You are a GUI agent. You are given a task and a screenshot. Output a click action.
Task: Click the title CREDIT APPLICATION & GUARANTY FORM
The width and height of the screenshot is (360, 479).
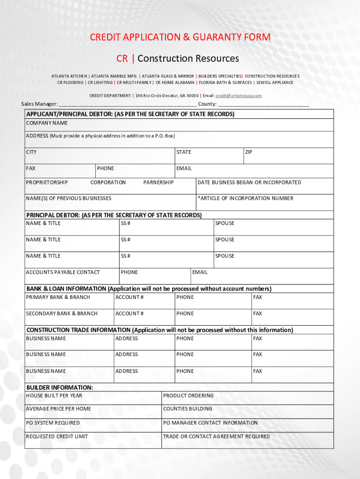click(x=180, y=37)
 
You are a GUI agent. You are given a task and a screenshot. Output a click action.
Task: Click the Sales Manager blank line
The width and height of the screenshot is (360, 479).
click(x=128, y=104)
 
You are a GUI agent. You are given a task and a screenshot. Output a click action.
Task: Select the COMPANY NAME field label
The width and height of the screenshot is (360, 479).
click(x=47, y=123)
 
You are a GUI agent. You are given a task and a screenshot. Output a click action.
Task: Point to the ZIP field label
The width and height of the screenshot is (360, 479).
click(x=249, y=152)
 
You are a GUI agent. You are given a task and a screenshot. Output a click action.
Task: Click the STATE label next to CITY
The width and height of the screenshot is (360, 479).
click(x=184, y=152)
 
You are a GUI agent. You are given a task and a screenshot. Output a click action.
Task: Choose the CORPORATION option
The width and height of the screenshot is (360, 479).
click(x=108, y=182)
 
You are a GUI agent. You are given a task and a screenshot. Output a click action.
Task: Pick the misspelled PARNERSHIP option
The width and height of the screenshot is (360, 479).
click(x=158, y=182)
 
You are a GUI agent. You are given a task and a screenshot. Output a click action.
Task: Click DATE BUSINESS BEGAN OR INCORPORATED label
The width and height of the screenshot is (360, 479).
click(x=249, y=182)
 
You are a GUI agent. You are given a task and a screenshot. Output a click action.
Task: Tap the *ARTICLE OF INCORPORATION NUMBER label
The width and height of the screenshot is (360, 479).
click(x=245, y=198)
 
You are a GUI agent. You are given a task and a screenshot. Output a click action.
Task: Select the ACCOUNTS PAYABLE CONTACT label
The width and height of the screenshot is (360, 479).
click(x=63, y=272)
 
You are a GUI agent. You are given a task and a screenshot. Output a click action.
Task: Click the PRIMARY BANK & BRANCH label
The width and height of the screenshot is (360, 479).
click(x=58, y=297)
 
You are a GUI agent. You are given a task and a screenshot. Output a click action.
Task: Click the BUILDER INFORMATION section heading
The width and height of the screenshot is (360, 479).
click(x=59, y=388)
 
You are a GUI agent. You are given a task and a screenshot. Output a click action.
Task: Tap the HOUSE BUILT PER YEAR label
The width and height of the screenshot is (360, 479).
click(x=54, y=396)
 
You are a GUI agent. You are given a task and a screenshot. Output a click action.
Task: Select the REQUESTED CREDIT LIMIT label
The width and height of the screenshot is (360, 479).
click(x=57, y=436)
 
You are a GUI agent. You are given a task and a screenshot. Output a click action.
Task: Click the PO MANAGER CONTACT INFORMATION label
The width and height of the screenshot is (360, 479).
click(x=210, y=423)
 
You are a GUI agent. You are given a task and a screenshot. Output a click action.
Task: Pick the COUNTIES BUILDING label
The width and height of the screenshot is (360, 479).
click(x=187, y=409)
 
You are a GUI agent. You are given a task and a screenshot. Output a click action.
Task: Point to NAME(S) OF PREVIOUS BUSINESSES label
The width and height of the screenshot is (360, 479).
click(x=69, y=198)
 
